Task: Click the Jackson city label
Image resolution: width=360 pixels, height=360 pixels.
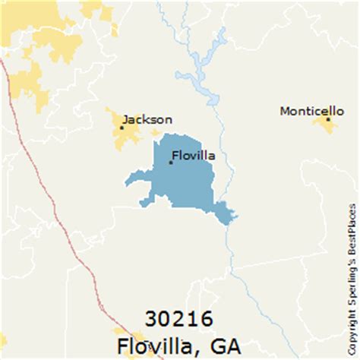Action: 147,119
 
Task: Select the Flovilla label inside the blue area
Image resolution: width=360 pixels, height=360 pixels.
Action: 194,156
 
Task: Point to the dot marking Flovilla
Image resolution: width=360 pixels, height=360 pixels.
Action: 170,162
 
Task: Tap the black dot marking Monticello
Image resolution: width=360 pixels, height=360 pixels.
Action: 328,119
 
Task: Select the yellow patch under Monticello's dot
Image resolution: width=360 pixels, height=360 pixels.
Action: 327,126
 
